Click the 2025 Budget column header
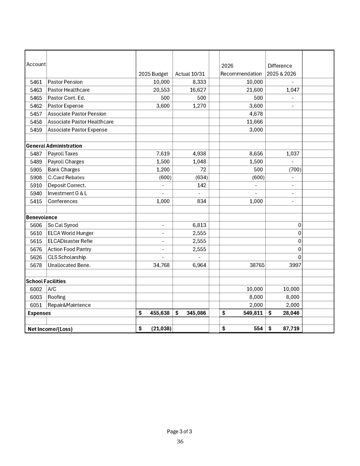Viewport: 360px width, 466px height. [x=153, y=74]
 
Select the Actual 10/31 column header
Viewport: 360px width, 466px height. [x=191, y=74]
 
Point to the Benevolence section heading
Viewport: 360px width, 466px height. [x=41, y=217]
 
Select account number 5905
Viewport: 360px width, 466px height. [x=36, y=169]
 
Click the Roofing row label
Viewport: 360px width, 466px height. [x=57, y=297]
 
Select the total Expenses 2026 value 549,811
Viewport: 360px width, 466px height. [x=250, y=313]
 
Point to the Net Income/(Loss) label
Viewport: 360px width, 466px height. [x=50, y=329]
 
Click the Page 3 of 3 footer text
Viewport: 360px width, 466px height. [x=179, y=431]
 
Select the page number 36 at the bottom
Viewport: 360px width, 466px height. [x=180, y=441]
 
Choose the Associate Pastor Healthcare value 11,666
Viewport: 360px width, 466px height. [x=254, y=122]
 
